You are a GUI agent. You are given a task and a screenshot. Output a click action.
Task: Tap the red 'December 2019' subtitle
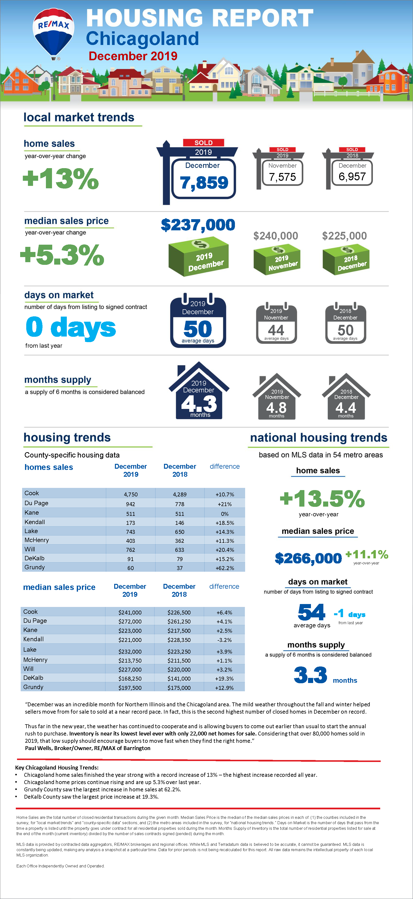pyautogui.click(x=133, y=56)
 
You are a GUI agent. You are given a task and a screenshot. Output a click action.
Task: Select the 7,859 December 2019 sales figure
pyautogui.click(x=204, y=182)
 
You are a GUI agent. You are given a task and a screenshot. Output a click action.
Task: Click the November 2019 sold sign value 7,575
pyautogui.click(x=282, y=177)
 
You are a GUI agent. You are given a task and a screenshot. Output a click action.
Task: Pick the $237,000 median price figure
pyautogui.click(x=198, y=225)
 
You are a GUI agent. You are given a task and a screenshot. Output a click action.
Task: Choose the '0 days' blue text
pyautogui.click(x=71, y=327)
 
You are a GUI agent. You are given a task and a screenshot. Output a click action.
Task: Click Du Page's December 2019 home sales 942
pyautogui.click(x=130, y=504)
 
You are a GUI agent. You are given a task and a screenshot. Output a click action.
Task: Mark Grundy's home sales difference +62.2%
pyautogui.click(x=225, y=568)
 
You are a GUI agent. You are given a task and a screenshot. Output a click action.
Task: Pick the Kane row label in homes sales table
pyautogui.click(x=32, y=513)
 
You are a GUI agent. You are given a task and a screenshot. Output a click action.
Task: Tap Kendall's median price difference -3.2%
pyautogui.click(x=224, y=640)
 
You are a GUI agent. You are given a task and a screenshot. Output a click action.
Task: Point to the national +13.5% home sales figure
pyautogui.click(x=322, y=499)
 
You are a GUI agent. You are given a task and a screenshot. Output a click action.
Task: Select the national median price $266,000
pyautogui.click(x=308, y=558)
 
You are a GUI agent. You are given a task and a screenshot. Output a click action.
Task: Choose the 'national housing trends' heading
pyautogui.click(x=318, y=438)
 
